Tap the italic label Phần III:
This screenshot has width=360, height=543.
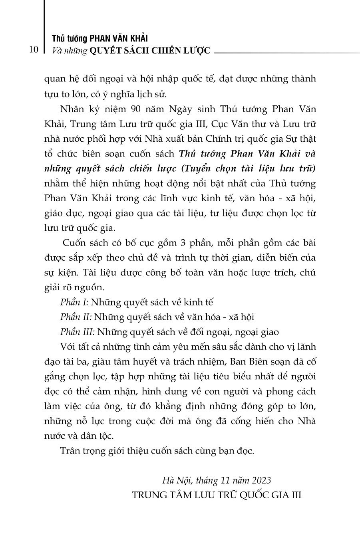point(78,331)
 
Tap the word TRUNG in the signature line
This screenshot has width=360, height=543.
point(149,495)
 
